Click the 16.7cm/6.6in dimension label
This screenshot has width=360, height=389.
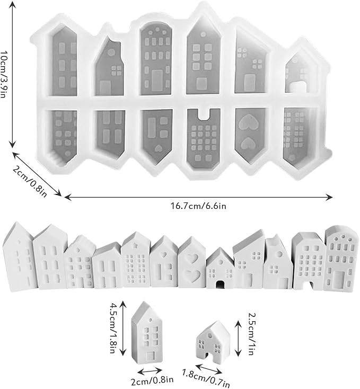tap(198, 206)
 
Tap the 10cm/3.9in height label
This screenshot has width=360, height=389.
tap(4, 74)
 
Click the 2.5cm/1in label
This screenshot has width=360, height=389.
tap(252, 334)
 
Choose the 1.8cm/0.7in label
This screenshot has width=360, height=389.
tap(206, 378)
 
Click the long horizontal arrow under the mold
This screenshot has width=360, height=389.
tap(198, 197)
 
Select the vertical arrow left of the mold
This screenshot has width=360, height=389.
tap(13, 74)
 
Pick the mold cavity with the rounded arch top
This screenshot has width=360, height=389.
tap(155, 58)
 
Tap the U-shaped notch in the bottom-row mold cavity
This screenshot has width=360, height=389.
tap(205, 114)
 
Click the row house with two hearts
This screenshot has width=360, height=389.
tap(192, 263)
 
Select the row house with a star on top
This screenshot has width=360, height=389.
tap(136, 260)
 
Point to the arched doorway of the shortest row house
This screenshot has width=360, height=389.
tap(220, 285)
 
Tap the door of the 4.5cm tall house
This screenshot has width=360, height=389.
tap(151, 356)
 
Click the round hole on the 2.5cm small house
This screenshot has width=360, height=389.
tap(210, 336)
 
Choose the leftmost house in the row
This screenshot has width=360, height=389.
tap(20, 256)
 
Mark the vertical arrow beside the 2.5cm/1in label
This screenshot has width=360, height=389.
tap(239, 339)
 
